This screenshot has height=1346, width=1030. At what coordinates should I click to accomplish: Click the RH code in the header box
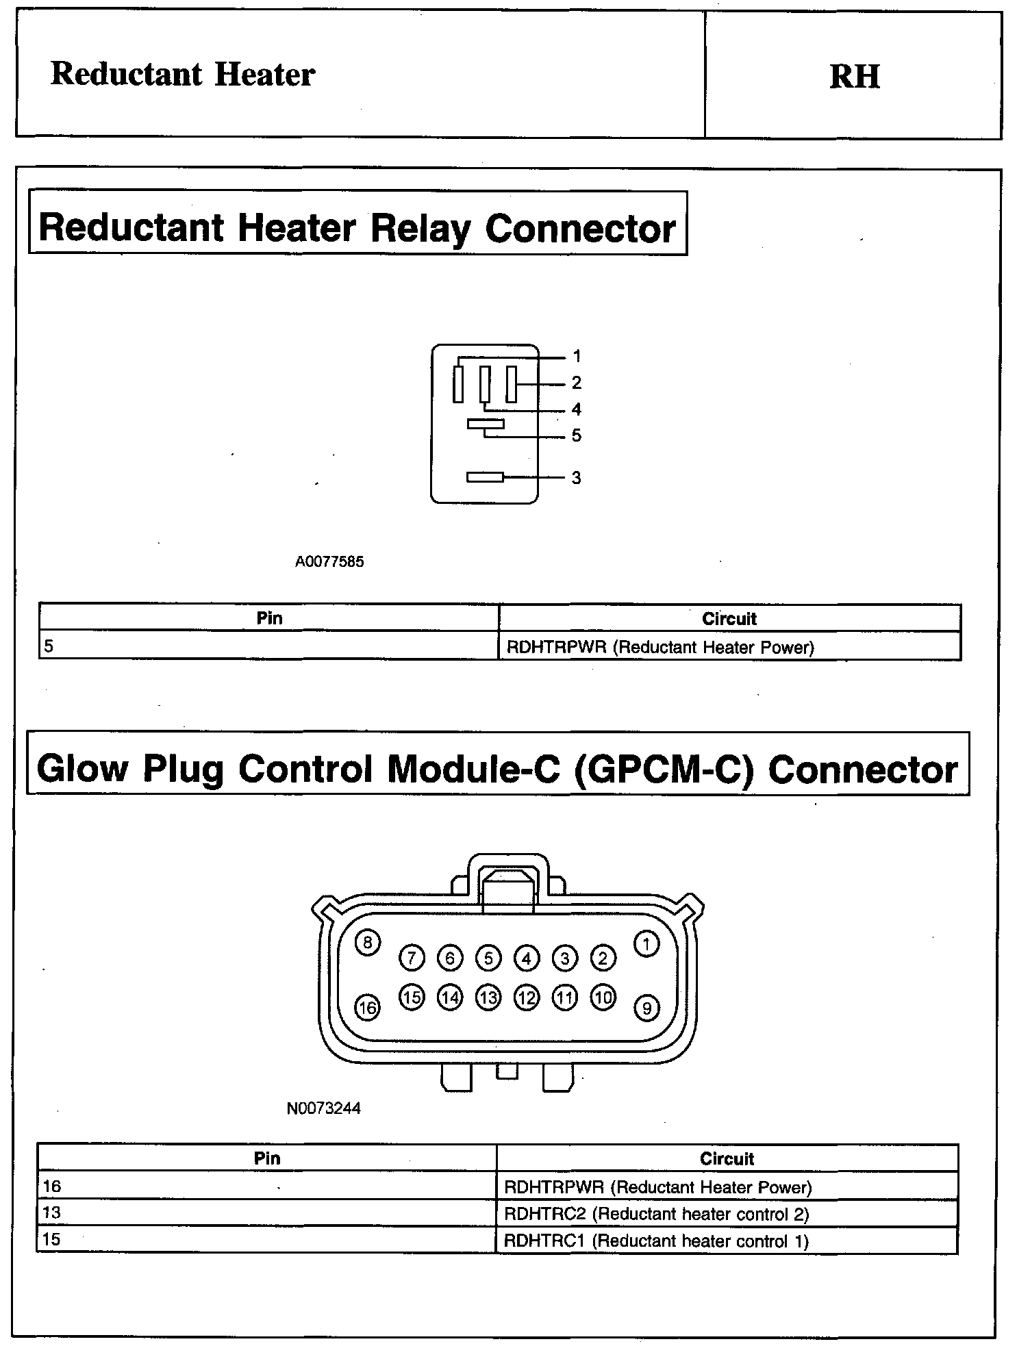pos(854,76)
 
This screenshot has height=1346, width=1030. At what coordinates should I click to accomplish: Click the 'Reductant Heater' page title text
pos(183,74)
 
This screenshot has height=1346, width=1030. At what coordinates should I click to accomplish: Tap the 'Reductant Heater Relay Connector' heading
pos(357,227)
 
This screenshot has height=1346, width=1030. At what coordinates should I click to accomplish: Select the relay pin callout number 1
pos(577,356)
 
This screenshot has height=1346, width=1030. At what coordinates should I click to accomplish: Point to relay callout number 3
pos(577,478)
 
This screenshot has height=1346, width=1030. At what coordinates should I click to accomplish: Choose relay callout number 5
pos(577,435)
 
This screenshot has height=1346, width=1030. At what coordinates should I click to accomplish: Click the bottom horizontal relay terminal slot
pos(485,477)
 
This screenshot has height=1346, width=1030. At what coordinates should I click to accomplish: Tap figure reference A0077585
pos(329,562)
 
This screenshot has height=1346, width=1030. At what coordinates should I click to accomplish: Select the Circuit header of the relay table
pos(729,619)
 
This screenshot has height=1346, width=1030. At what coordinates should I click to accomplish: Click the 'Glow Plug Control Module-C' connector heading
pos(497,769)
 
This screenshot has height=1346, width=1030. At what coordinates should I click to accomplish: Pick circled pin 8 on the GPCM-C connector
pos(368,943)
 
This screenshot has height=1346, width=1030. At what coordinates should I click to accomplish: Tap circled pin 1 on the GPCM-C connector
pos(646,944)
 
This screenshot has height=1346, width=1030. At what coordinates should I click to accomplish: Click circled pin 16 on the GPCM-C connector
pos(367,1008)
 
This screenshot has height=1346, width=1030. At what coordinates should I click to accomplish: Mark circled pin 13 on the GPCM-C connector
pos(488,998)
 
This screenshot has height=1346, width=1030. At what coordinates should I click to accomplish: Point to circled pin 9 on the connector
pos(646,1008)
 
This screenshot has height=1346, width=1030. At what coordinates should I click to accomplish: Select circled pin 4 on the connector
pos(526,958)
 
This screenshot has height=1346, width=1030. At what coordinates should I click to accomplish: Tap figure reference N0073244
pos(323,1108)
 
